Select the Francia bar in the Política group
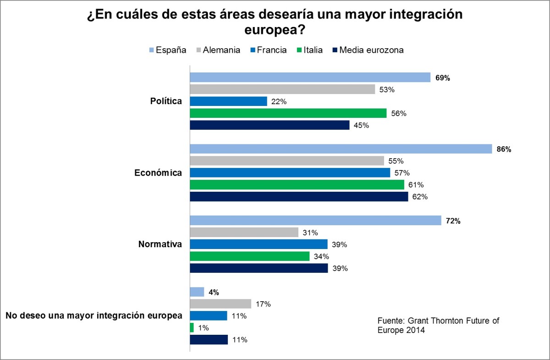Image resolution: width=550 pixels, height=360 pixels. click(x=228, y=101)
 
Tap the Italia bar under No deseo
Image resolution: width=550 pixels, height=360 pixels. click(x=192, y=328)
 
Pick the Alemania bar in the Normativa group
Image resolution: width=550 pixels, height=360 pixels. click(x=244, y=233)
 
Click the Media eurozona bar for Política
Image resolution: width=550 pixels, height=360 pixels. click(x=269, y=125)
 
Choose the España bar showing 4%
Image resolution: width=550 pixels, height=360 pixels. click(x=197, y=292)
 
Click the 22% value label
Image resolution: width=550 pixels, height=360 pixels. click(x=279, y=101)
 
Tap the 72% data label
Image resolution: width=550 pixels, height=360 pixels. click(x=453, y=221)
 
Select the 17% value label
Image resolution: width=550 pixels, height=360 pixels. click(x=264, y=304)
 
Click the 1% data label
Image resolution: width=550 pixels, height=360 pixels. click(x=203, y=328)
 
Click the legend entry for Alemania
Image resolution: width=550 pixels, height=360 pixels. click(x=218, y=50)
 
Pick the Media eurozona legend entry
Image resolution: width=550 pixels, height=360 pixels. click(x=367, y=50)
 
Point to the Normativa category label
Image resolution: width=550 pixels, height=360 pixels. click(x=160, y=244)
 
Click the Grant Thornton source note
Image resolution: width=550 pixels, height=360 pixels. click(x=438, y=326)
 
